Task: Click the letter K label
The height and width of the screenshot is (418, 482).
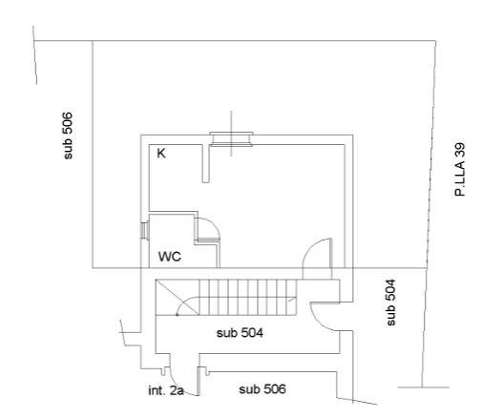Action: point(161,154)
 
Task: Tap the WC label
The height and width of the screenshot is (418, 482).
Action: point(170,257)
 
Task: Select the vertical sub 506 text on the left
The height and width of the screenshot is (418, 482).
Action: point(68,136)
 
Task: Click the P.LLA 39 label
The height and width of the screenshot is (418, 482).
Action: point(460,170)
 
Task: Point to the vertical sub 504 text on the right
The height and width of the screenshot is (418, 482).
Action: point(390,303)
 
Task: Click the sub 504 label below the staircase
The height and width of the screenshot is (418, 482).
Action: point(240,333)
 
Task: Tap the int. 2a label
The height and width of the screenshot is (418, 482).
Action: point(166,390)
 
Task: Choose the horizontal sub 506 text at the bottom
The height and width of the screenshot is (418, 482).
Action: point(262,389)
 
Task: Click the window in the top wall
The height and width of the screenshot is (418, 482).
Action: point(231,139)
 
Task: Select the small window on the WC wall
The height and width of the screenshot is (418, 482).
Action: point(144,230)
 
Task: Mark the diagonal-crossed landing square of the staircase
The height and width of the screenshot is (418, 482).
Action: point(178,297)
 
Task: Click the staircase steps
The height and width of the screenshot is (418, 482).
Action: point(248,297)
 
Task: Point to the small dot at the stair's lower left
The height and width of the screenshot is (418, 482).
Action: point(178,315)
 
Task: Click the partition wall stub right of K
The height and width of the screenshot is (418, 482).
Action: point(206,163)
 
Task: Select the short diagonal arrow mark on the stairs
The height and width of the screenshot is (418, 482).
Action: point(292,300)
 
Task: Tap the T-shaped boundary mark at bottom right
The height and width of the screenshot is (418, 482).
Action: point(423,387)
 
